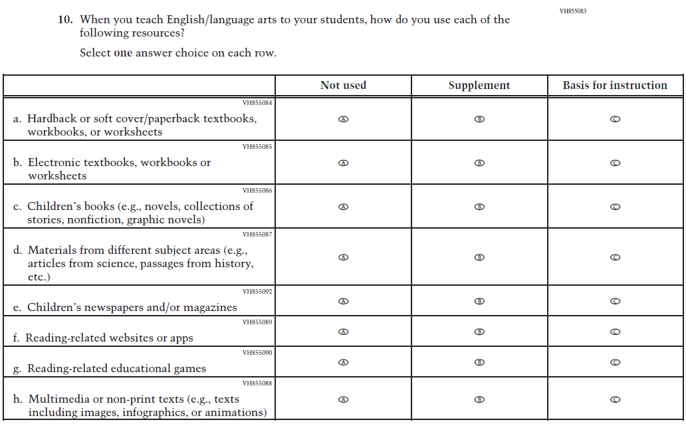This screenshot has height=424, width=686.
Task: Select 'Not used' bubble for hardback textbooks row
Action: click(x=343, y=119)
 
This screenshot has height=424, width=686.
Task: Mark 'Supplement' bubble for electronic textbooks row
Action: click(x=479, y=163)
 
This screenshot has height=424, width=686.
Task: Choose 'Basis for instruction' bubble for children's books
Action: click(x=615, y=207)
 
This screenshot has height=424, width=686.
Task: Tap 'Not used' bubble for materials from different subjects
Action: click(x=343, y=257)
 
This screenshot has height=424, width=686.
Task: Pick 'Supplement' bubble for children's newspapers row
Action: click(x=479, y=301)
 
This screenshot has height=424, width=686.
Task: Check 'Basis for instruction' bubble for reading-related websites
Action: click(x=615, y=332)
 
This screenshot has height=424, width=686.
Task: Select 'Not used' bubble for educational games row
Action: click(x=343, y=362)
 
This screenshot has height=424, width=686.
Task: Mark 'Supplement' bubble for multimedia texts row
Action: click(x=479, y=399)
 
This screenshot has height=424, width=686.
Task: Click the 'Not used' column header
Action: click(x=343, y=85)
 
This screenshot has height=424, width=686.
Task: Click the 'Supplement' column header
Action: click(x=479, y=85)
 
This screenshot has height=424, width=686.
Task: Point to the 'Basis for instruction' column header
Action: click(x=615, y=85)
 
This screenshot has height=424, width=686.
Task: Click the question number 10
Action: click(x=64, y=20)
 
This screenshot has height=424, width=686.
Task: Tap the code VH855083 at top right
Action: click(x=573, y=11)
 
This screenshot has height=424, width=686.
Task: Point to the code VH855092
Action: click(x=257, y=292)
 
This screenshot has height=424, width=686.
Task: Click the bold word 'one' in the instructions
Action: click(x=123, y=53)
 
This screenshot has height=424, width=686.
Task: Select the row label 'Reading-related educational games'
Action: click(x=116, y=369)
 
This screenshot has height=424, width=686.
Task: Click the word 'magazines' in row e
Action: click(x=211, y=307)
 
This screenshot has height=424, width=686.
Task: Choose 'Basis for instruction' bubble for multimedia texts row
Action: click(x=615, y=399)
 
